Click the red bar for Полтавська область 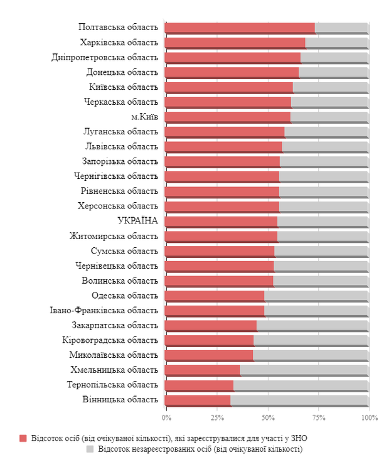(x=239, y=28)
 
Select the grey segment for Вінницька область (x=299, y=400)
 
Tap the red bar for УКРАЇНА (x=220, y=221)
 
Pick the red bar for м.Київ (x=227, y=117)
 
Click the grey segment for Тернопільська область (x=301, y=385)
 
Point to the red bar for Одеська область (x=214, y=296)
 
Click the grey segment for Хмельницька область (x=304, y=370)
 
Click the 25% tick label (x=217, y=417)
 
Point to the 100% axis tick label (x=369, y=417)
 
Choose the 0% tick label (x=166, y=417)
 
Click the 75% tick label (x=319, y=417)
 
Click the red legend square (x=23, y=438)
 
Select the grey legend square (x=90, y=449)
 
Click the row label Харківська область (x=119, y=43)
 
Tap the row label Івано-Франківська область (x=104, y=310)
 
